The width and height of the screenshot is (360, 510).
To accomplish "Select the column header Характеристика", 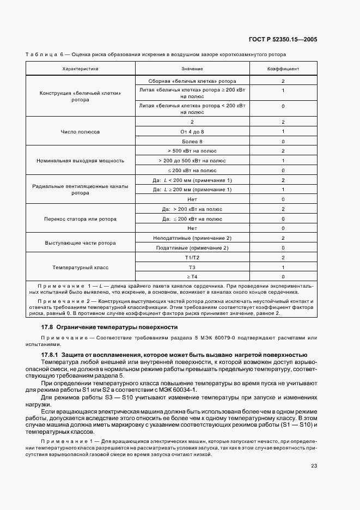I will coord(80,69).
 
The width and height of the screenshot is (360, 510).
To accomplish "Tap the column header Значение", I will coord(192,69).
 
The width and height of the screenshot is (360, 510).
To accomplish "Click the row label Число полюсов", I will coord(80,132).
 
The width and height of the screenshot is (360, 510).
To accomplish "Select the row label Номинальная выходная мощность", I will coord(80,161).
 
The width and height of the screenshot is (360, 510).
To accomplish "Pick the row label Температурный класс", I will coord(80,268).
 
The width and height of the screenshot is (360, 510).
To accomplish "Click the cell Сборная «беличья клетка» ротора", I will coord(192,81).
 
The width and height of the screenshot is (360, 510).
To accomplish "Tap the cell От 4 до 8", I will coord(192,132).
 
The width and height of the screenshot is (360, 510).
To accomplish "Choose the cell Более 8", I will coord(192,141).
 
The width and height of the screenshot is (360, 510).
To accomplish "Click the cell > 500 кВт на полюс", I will coord(192,151).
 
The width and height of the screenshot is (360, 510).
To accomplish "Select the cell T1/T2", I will coord(192,258).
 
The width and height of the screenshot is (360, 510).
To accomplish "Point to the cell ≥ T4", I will coord(192,277).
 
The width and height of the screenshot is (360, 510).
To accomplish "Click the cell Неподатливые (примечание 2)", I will coord(192,238).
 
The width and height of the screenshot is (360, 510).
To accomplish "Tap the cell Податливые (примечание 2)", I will coord(192,248).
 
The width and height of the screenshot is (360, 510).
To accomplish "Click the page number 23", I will coord(314,465).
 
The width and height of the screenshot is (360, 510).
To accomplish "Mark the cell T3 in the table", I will coord(192,268).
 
